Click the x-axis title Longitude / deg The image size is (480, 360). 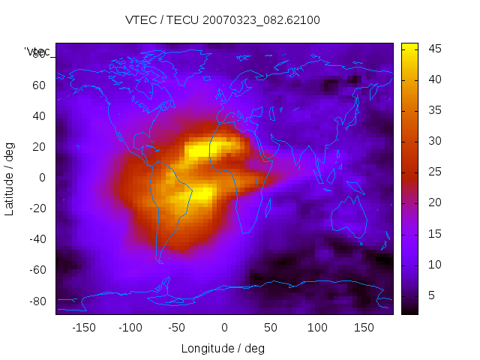point(223,348)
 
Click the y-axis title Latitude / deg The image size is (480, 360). point(10,178)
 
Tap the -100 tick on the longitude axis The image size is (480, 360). point(130,328)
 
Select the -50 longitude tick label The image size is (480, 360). point(177,328)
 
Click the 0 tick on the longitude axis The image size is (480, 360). point(223,328)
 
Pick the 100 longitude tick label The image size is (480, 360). point(317,328)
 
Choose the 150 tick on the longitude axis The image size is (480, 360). point(364,328)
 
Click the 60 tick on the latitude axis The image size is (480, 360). point(38,85)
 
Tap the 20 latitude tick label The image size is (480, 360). point(38,147)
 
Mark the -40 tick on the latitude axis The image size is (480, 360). point(36,239)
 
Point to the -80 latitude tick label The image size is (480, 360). point(36,301)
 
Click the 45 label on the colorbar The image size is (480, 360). point(433,49)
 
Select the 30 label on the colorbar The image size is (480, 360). point(433,141)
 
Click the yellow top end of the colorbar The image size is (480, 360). point(409,46)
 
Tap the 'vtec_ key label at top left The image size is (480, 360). point(37,52)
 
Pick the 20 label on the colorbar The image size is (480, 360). point(433,202)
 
